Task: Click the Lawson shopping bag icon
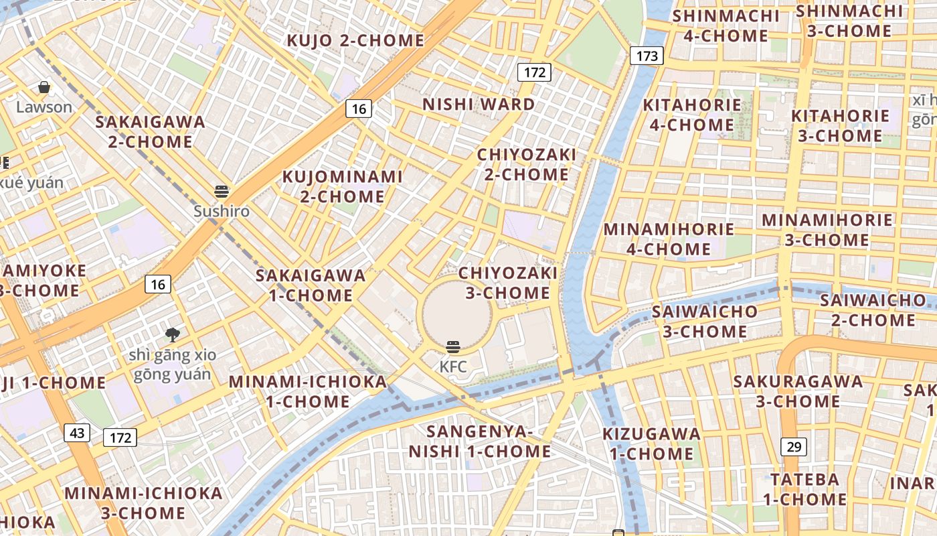tap(44, 87)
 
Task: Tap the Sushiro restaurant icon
tap(222, 192)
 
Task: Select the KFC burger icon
tap(453, 347)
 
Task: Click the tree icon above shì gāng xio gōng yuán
tap(173, 334)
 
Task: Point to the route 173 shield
tap(647, 56)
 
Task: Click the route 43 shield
tap(77, 433)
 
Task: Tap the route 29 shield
tap(793, 446)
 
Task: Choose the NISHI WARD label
tap(479, 105)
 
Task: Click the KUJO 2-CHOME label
tap(355, 41)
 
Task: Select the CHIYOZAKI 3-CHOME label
tap(508, 283)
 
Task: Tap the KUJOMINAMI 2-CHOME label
tap(342, 186)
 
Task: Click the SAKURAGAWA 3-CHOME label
tap(798, 391)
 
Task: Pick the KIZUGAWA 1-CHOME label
tap(651, 444)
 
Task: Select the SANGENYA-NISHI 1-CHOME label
tap(480, 442)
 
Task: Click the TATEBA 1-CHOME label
tap(805, 489)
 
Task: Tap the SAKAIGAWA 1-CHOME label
tap(311, 285)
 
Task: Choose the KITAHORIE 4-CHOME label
tap(692, 115)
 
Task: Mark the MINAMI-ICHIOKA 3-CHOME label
tap(143, 503)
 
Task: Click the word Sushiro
tap(222, 212)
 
